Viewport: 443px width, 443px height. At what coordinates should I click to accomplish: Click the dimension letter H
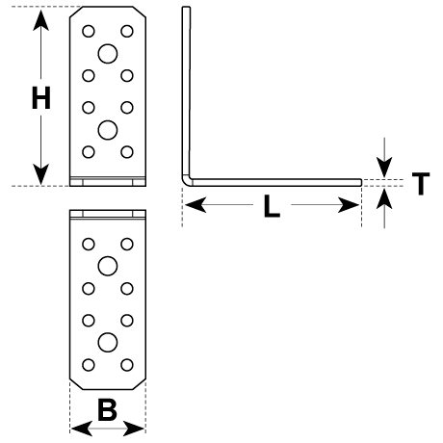pos(41,97)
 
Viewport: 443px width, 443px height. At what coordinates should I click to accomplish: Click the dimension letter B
pos(107,409)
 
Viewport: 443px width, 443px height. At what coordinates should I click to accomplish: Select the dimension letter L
pos(272,206)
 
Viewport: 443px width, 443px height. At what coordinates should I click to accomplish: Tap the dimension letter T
pos(421,183)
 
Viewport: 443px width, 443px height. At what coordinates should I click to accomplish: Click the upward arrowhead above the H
pos(40,20)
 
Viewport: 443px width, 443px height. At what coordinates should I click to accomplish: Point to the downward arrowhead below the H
pos(40,174)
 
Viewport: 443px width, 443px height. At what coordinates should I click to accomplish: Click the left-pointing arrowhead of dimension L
pos(195,205)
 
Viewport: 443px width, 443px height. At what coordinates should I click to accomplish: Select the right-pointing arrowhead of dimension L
pos(349,205)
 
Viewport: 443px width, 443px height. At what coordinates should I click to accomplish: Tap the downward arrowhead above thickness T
pos(384,167)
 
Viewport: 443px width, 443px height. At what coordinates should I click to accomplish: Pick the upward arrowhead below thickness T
pos(384,199)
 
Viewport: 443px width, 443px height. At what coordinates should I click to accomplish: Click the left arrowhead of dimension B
pos(82,429)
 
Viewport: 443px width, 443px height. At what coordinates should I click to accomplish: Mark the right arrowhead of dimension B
pos(134,429)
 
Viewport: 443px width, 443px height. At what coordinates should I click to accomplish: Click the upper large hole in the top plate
pos(108,54)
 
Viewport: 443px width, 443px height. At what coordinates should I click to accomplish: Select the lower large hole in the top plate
pos(108,130)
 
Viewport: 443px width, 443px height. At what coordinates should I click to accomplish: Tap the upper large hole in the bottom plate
pos(108,266)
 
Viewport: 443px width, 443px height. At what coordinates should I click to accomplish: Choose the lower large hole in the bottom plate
pos(108,343)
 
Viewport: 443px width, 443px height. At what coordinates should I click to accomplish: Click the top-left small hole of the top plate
pos(89,31)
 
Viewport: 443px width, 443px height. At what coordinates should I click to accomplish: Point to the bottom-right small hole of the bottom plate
pos(127,365)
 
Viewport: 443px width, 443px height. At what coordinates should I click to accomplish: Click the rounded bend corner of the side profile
pos(187,181)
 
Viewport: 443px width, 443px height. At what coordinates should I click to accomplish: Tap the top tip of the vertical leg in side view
pos(186,7)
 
